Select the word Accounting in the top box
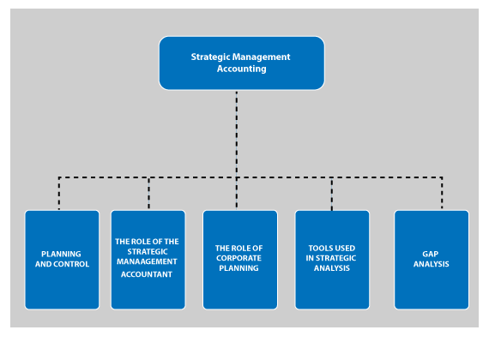(242, 69)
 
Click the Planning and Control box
(62, 260)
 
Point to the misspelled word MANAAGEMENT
(147, 261)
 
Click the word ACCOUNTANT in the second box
(147, 274)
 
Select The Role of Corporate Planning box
(240, 260)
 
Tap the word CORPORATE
(238, 258)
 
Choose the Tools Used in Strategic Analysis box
(332, 260)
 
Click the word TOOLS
(320, 248)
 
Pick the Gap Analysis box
(432, 260)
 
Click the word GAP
(431, 254)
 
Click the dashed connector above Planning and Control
(59, 193)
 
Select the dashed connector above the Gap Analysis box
(442, 193)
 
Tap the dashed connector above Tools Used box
(332, 194)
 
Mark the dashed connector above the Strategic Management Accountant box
(148, 193)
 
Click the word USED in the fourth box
(344, 248)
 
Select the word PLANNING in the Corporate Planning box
(238, 268)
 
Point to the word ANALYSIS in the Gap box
(432, 264)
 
